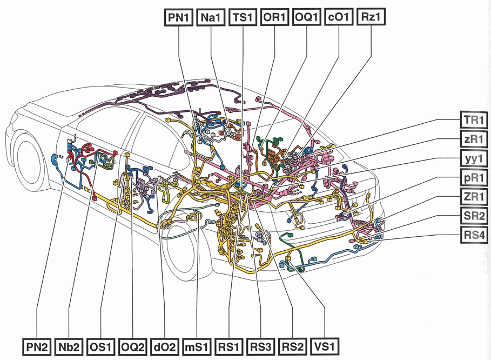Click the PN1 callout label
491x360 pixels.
pyautogui.click(x=178, y=17)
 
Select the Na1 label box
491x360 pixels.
pyautogui.click(x=211, y=17)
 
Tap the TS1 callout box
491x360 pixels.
pyautogui.click(x=243, y=17)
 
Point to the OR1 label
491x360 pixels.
pyautogui.click(x=274, y=17)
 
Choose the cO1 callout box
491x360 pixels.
pyautogui.click(x=339, y=17)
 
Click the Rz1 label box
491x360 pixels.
pyautogui.click(x=371, y=17)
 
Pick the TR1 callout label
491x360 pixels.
pyautogui.click(x=474, y=119)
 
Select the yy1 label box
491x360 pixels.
pyautogui.click(x=474, y=159)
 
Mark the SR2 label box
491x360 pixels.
pyautogui.click(x=474, y=216)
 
